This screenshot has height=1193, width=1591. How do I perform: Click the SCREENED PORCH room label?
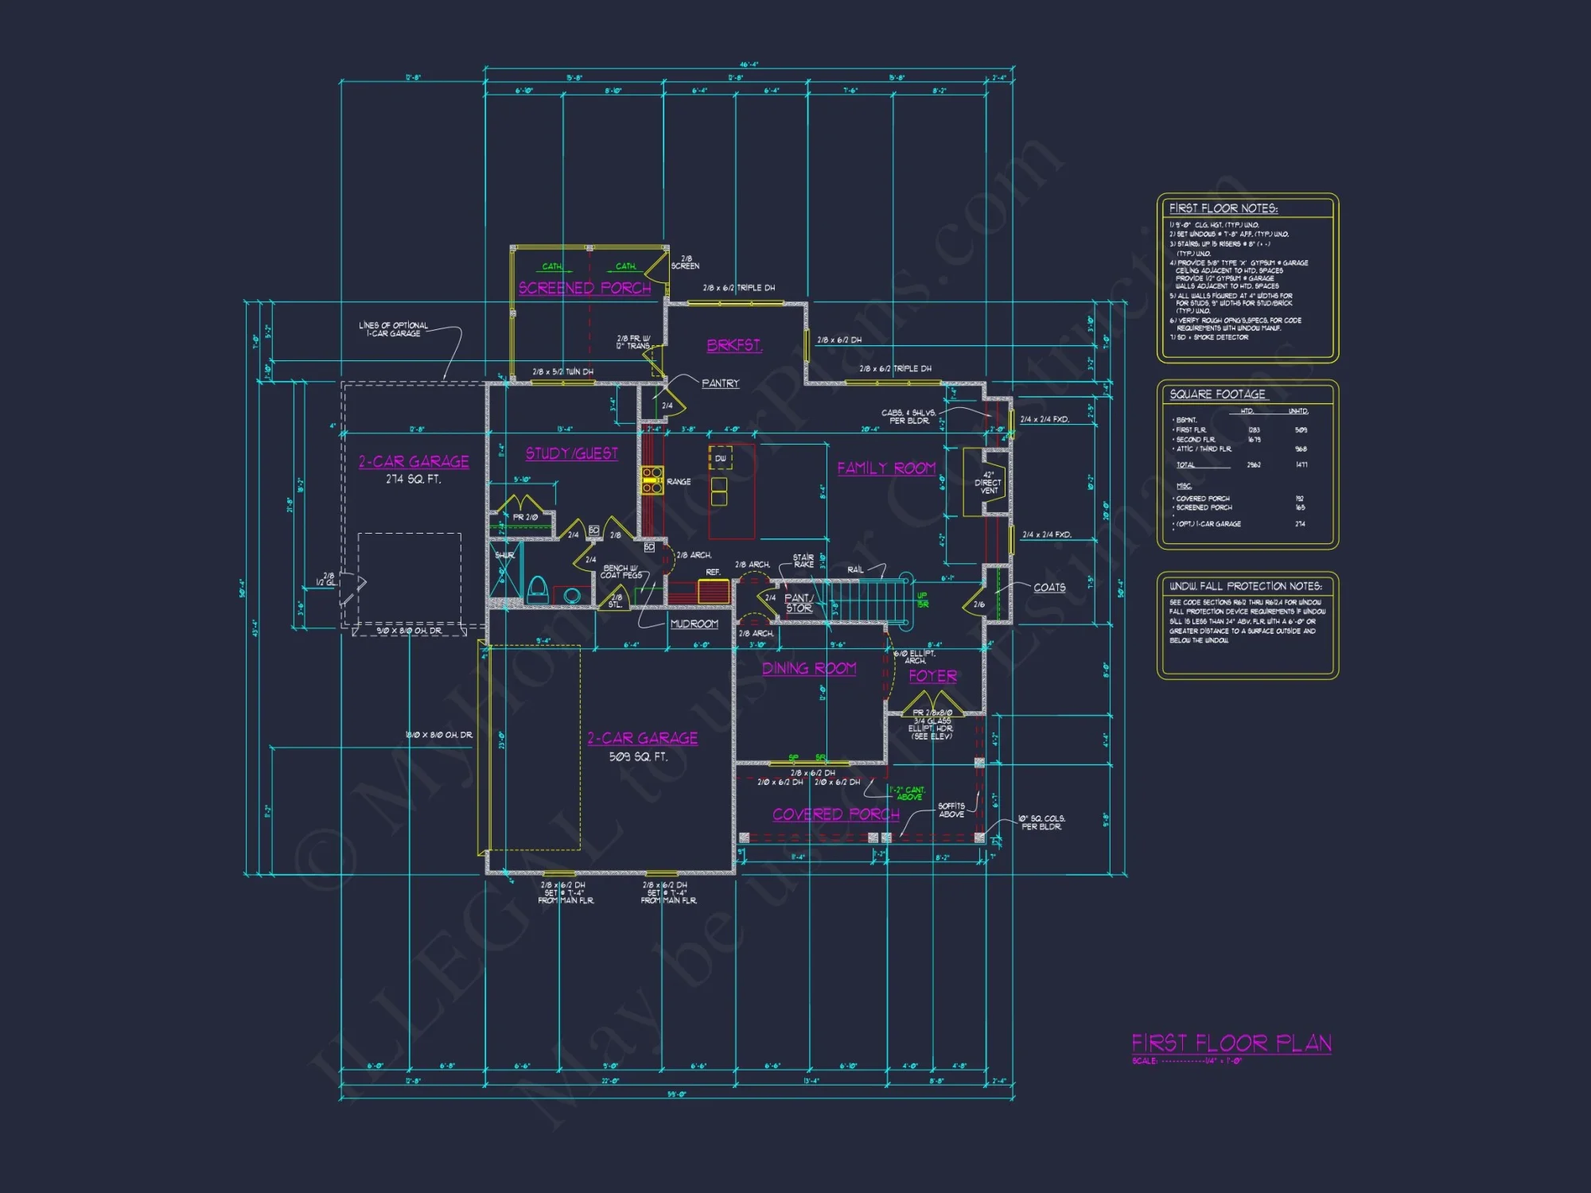(x=585, y=288)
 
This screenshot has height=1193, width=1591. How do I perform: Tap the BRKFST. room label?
(x=734, y=345)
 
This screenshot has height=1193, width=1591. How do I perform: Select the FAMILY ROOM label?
(x=886, y=468)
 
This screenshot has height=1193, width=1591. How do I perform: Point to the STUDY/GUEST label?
(x=571, y=453)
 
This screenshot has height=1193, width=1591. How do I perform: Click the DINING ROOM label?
(x=809, y=668)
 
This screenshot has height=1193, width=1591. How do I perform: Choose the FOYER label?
(x=932, y=676)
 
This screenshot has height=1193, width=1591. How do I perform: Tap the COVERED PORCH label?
(x=836, y=814)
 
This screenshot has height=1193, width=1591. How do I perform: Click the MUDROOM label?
(x=694, y=624)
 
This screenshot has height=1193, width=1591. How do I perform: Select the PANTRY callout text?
(x=720, y=383)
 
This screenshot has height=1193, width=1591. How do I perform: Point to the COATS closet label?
(x=1049, y=588)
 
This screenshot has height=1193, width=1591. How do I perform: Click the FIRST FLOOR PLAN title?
(x=1231, y=1043)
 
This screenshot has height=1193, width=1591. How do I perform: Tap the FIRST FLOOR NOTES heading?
(x=1223, y=208)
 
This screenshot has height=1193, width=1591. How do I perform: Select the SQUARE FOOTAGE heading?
(x=1217, y=394)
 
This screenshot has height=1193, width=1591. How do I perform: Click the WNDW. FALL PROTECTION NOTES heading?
(x=1245, y=586)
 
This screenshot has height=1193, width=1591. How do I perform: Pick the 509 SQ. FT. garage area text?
(x=638, y=756)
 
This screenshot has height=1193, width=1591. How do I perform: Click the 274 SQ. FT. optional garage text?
(x=413, y=480)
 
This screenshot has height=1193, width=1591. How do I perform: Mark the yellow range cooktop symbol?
(x=652, y=480)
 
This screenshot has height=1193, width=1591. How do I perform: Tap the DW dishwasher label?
(x=720, y=458)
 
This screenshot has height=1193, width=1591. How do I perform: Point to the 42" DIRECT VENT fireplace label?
(x=988, y=483)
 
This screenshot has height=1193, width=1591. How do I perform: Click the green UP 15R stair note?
(x=922, y=600)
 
